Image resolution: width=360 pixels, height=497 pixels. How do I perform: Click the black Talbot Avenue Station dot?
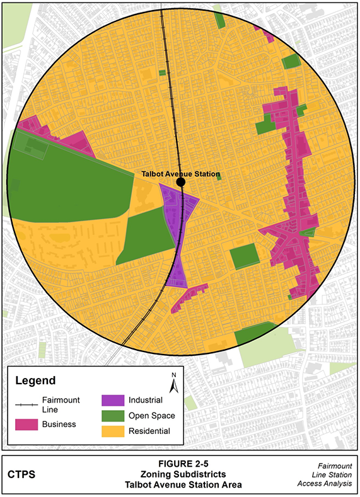coord(181,182)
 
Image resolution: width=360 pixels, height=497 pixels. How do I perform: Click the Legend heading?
coord(35,380)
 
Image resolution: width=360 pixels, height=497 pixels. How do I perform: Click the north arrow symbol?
coord(175,383)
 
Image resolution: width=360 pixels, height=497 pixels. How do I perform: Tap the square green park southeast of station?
coord(243,257)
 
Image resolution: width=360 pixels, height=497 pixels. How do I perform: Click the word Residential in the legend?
coord(149,431)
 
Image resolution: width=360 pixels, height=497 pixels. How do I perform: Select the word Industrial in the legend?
coord(146,401)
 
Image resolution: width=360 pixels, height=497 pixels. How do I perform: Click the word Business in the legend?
coord(59,424)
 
